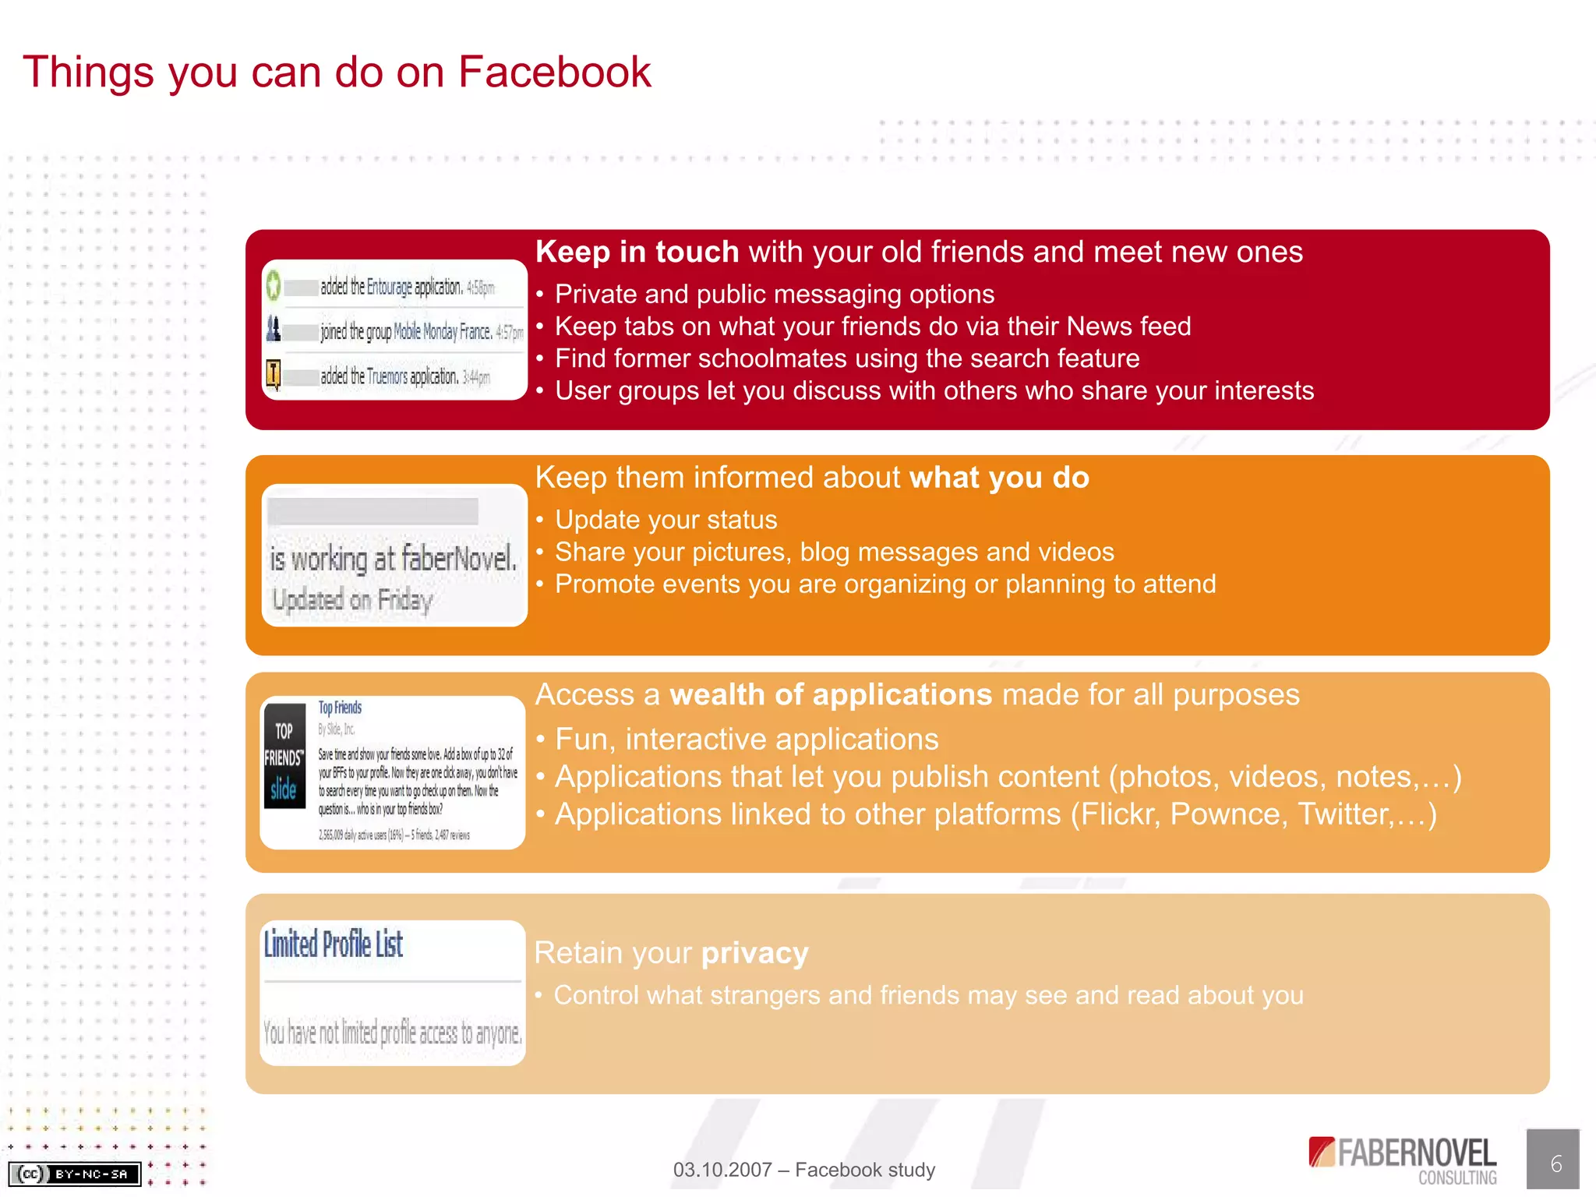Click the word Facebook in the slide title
pyautogui.click(x=554, y=72)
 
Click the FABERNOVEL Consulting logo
pyautogui.click(x=1403, y=1160)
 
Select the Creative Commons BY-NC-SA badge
pyautogui.click(x=75, y=1174)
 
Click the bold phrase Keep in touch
pyautogui.click(x=637, y=252)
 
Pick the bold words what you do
pyautogui.click(x=999, y=477)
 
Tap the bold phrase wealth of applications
pyautogui.click(x=830, y=694)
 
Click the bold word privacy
pyautogui.click(x=754, y=953)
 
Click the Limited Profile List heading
pyautogui.click(x=333, y=945)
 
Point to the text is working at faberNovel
pyautogui.click(x=393, y=559)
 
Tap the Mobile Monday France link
pyautogui.click(x=442, y=332)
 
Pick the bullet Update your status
pyautogui.click(x=666, y=520)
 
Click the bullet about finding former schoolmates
pyautogui.click(x=846, y=358)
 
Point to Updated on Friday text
pyautogui.click(x=351, y=600)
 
